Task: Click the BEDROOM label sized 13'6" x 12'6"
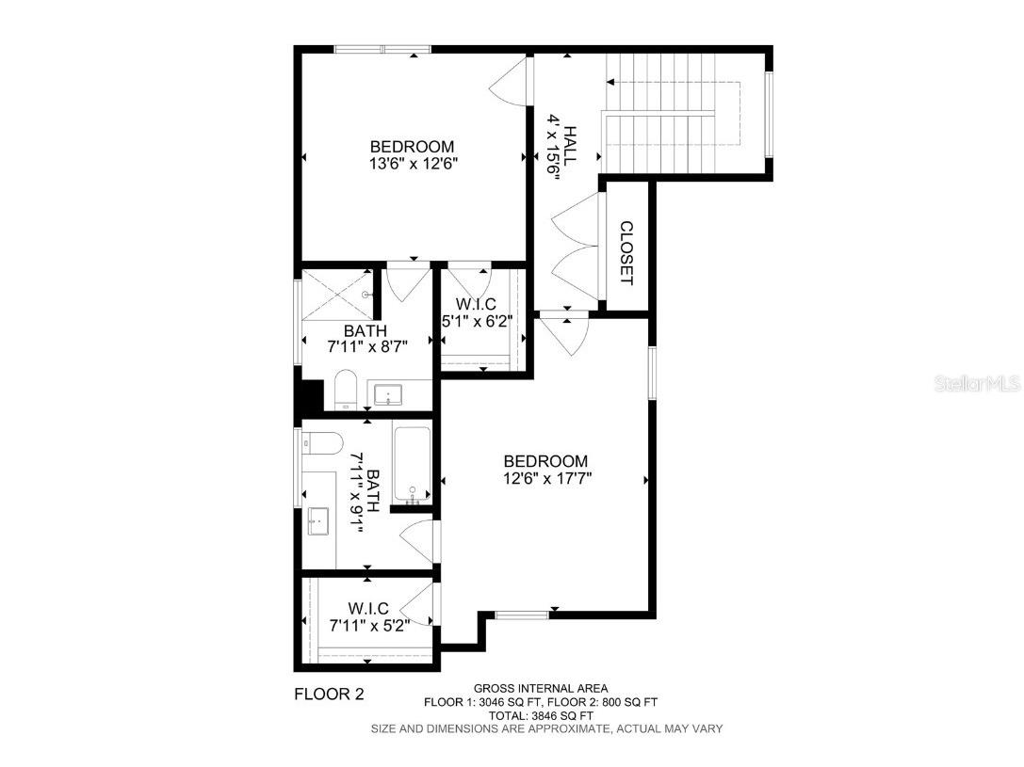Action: [412, 154]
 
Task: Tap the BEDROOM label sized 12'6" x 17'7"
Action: [545, 469]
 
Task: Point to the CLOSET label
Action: [626, 252]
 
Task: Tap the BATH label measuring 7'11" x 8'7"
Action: [365, 339]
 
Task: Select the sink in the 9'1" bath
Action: [318, 519]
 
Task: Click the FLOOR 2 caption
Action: [329, 695]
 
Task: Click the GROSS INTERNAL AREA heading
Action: [540, 688]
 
